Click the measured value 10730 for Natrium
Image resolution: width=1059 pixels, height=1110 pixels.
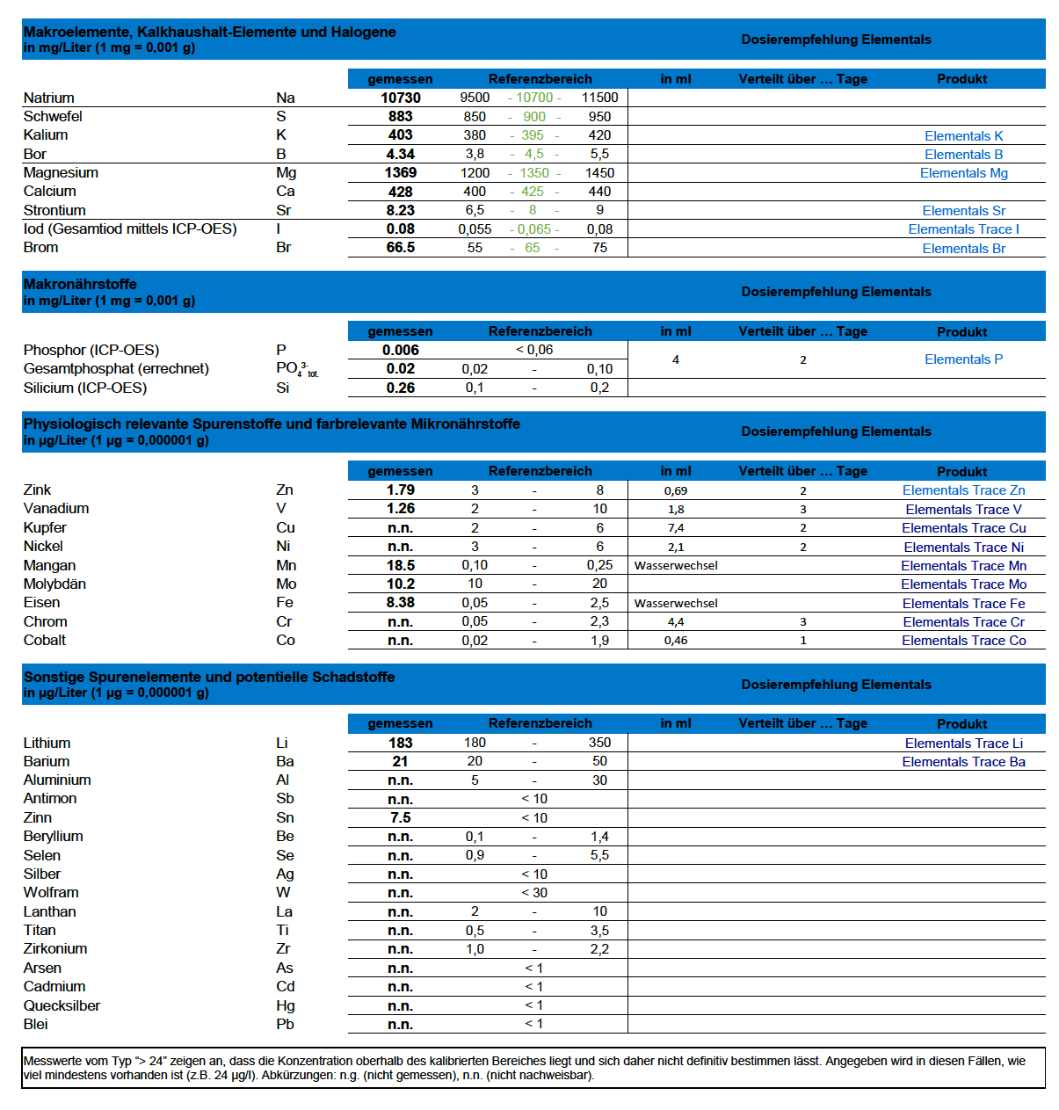pyautogui.click(x=400, y=98)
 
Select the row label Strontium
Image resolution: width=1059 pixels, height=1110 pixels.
pyautogui.click(x=54, y=210)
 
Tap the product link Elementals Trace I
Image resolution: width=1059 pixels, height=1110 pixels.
pyautogui.click(x=963, y=229)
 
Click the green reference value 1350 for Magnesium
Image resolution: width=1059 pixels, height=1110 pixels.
pyautogui.click(x=534, y=173)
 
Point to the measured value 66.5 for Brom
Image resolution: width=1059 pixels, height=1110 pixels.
pyautogui.click(x=400, y=248)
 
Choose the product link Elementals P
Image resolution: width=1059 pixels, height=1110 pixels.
pyautogui.click(x=963, y=359)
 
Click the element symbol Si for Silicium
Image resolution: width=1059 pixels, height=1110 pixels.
pyautogui.click(x=283, y=388)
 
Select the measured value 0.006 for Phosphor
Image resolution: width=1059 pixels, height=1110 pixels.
pyautogui.click(x=400, y=350)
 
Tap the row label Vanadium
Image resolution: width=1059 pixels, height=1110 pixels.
pyautogui.click(x=56, y=508)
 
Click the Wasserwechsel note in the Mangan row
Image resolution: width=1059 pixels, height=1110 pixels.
pyautogui.click(x=676, y=566)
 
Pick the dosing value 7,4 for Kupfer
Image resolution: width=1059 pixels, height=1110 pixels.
pyautogui.click(x=676, y=528)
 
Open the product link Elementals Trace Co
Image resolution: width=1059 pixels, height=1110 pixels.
pyautogui.click(x=963, y=641)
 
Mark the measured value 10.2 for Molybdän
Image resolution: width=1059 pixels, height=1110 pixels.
pyautogui.click(x=400, y=584)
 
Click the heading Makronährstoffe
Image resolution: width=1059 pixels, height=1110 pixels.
pyautogui.click(x=80, y=284)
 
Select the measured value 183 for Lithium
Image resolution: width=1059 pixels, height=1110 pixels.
pyautogui.click(x=400, y=743)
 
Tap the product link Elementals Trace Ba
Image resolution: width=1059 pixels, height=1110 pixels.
pyautogui.click(x=963, y=762)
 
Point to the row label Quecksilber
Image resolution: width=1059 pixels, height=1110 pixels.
pyautogui.click(x=62, y=1005)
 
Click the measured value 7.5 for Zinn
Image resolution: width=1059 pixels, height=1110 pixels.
pyautogui.click(x=400, y=817)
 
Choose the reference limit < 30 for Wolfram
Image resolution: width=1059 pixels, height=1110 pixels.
pyautogui.click(x=534, y=893)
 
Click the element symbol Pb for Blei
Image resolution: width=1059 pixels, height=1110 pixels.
pyautogui.click(x=285, y=1024)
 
